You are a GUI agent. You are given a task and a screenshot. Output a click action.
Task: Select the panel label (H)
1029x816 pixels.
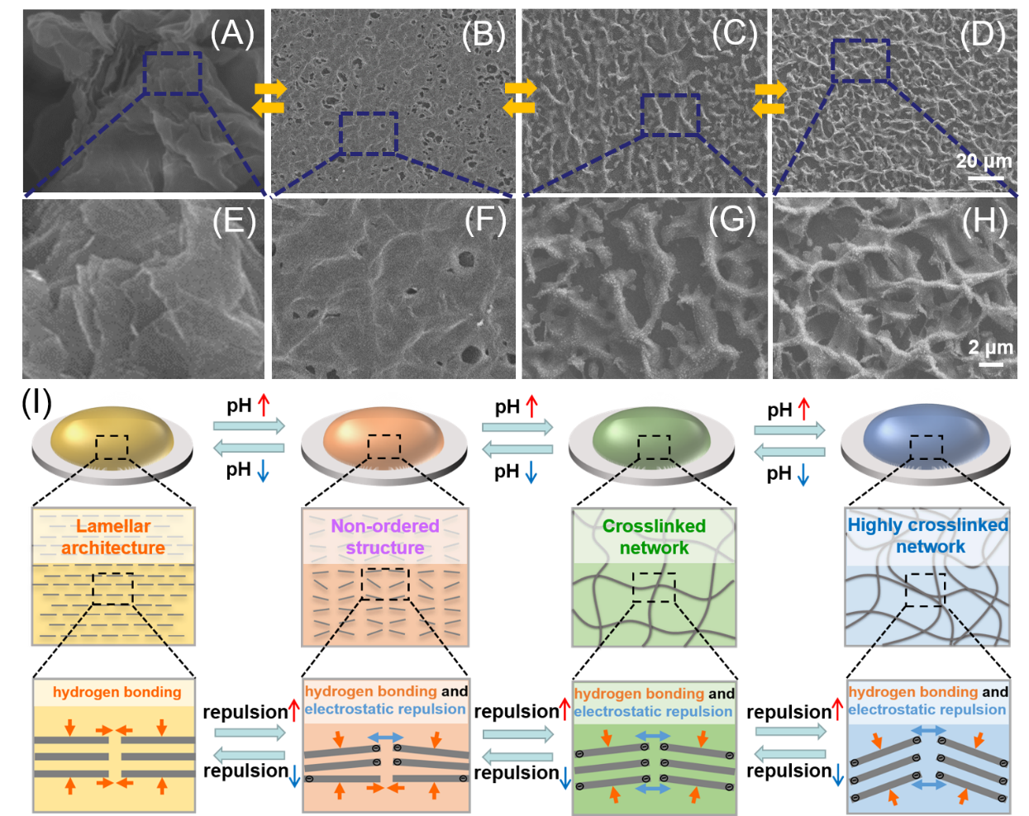click(x=984, y=221)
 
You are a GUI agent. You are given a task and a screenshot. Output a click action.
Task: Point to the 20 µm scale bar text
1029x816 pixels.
click(x=984, y=161)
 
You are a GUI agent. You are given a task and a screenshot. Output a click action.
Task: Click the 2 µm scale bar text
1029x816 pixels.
click(x=990, y=348)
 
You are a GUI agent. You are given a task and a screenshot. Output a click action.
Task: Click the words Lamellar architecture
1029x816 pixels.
click(x=113, y=537)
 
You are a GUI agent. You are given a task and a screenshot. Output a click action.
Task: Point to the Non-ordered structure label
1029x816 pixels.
click(x=385, y=537)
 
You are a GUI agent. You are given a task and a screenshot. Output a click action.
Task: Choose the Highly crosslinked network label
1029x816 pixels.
click(x=928, y=535)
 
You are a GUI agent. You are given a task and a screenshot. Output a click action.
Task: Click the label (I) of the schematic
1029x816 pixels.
click(x=36, y=404)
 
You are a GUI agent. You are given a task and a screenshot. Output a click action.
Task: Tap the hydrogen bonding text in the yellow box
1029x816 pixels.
click(x=117, y=692)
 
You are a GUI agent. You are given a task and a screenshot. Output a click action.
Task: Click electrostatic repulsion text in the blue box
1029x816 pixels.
click(x=927, y=709)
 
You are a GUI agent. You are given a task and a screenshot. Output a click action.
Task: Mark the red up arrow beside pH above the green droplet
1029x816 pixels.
click(x=531, y=406)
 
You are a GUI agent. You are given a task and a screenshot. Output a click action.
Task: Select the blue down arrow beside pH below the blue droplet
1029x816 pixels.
click(x=803, y=474)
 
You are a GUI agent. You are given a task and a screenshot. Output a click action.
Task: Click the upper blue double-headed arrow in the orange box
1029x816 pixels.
click(x=385, y=738)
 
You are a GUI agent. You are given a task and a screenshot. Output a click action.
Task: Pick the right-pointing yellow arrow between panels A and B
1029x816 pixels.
click(x=270, y=88)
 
